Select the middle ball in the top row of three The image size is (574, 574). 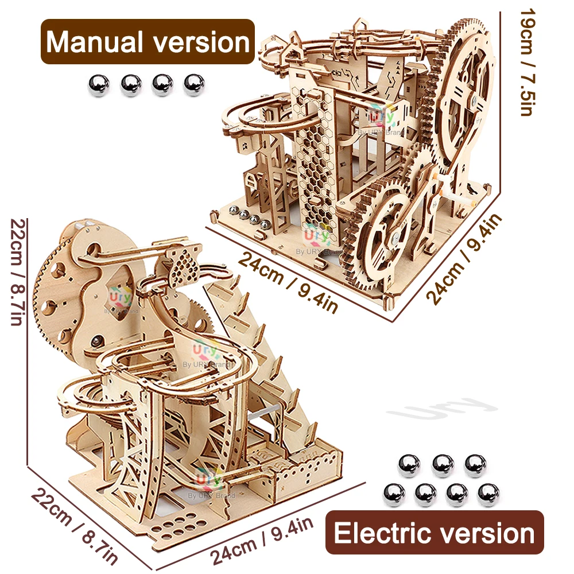coord(443,466)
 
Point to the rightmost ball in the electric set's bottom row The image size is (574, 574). coord(488,494)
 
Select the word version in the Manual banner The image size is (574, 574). coord(206,42)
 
